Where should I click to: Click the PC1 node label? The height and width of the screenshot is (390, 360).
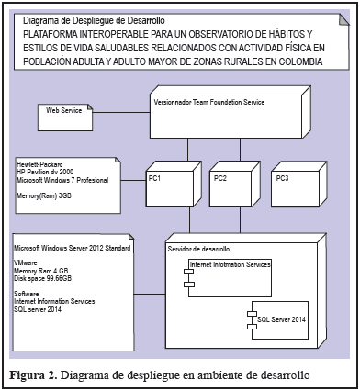(x=154, y=178)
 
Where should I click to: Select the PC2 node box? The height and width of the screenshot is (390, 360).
(x=235, y=184)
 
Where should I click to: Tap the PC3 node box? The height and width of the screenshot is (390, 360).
(x=299, y=184)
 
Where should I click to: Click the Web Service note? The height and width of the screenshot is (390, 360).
(x=65, y=117)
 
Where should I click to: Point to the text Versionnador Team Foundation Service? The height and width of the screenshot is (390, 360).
(x=209, y=102)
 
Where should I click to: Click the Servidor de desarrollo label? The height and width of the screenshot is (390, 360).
(x=198, y=249)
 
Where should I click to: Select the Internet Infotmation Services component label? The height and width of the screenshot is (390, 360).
(x=231, y=264)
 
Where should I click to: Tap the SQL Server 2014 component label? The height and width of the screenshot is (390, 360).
(x=281, y=319)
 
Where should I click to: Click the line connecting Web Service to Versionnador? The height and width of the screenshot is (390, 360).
(x=121, y=113)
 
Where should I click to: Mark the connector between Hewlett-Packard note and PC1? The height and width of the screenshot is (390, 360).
(x=133, y=181)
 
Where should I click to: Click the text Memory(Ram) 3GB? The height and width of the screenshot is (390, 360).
(x=44, y=195)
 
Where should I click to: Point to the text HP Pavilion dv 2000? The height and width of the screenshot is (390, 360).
(x=45, y=172)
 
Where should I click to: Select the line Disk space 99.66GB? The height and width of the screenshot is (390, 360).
(x=43, y=278)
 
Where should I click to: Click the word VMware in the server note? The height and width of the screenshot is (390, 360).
(x=26, y=262)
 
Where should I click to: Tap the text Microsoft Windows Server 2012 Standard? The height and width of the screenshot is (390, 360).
(x=73, y=248)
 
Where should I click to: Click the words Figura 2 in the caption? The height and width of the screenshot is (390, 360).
(x=33, y=375)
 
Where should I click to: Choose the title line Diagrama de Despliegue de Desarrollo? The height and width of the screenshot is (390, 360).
(x=94, y=21)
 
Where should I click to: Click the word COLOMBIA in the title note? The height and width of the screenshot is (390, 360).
(x=300, y=61)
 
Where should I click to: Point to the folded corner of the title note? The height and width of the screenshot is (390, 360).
(x=343, y=19)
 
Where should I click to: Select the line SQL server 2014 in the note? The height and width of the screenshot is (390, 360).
(x=38, y=309)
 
